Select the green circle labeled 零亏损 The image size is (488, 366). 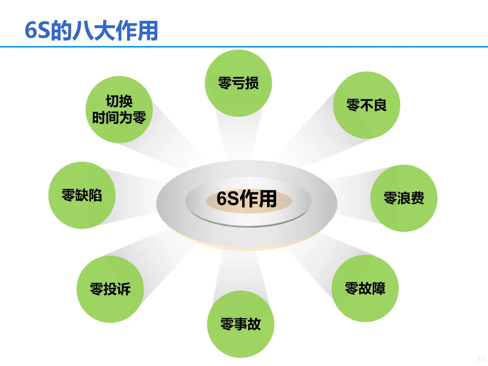point(239,83)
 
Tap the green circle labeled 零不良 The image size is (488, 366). point(366,105)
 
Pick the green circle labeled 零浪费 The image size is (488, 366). point(404,198)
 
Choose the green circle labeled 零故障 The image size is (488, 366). point(365,288)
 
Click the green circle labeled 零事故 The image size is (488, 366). point(240,324)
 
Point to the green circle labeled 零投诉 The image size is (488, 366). point(110,289)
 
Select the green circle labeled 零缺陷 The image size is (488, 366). point(82,195)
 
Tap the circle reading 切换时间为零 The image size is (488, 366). point(119,110)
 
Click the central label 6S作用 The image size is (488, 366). point(247,199)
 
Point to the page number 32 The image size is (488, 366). point(480,357)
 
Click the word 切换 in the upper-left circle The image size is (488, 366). point(119,101)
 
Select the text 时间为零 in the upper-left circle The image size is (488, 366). point(119,118)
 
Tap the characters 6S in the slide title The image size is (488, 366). point(37,30)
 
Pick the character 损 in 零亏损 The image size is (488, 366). point(252,83)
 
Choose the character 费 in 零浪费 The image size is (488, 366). point(418,198)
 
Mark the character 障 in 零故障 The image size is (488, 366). point(379,288)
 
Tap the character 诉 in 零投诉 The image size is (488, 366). point(124,289)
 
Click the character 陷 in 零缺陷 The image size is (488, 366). point(95,195)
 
